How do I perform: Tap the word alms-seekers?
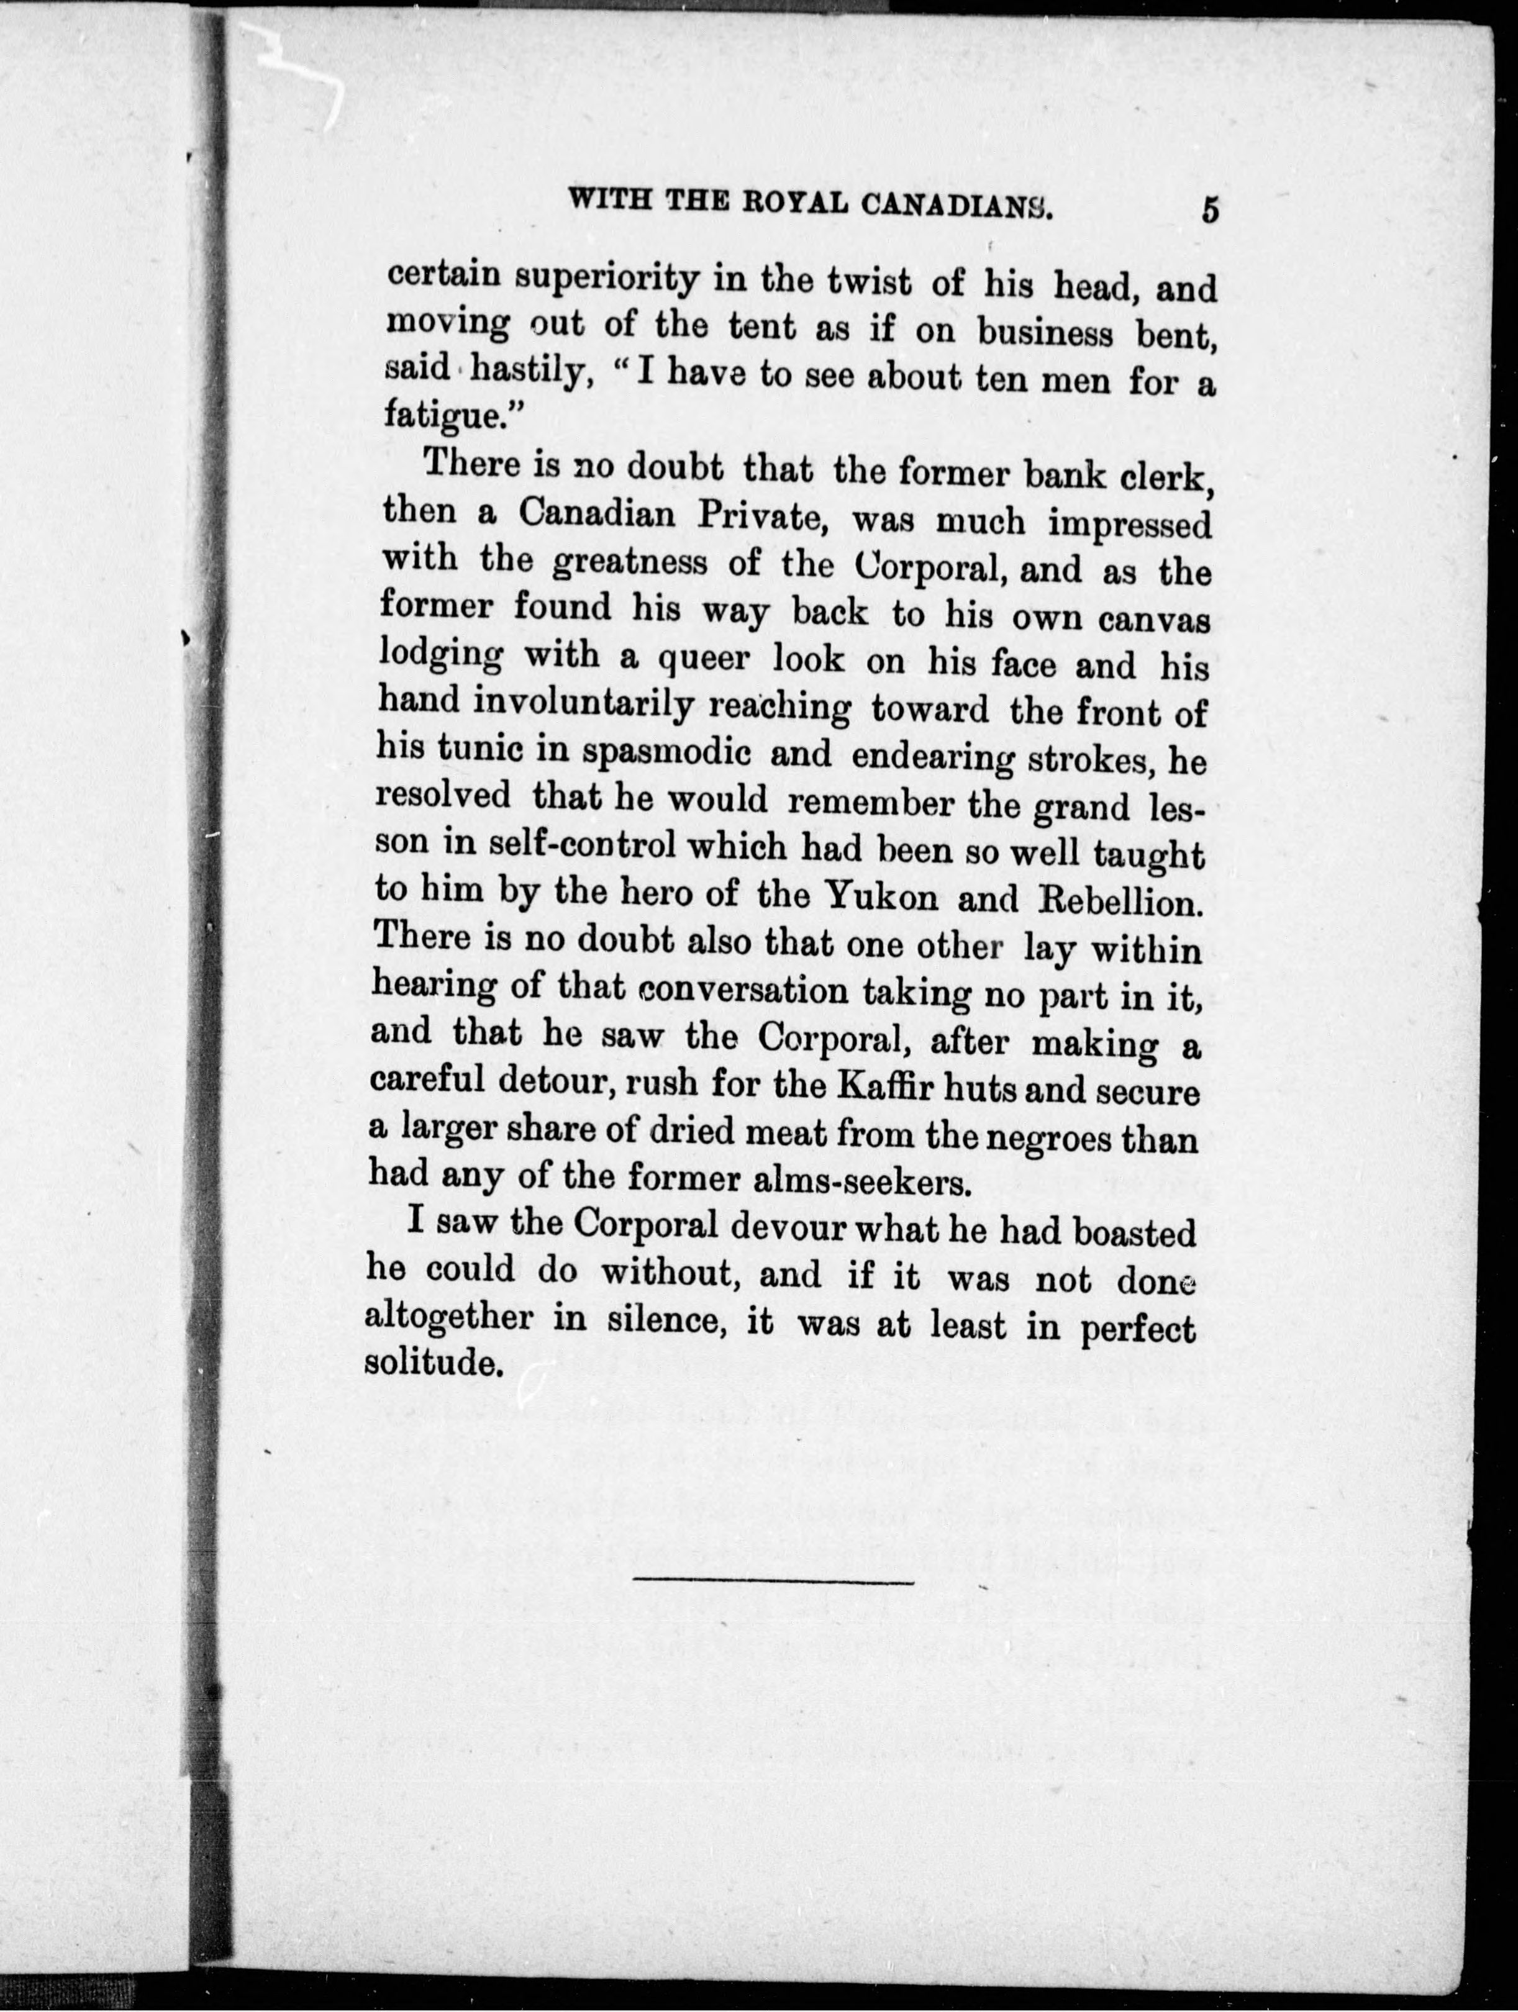(858, 1182)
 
